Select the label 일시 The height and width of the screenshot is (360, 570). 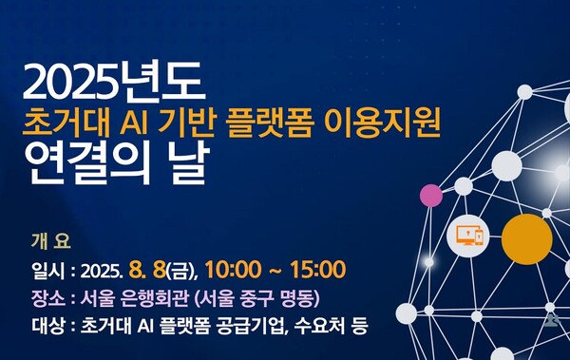[x=47, y=268]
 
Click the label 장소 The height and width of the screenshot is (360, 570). [x=47, y=297]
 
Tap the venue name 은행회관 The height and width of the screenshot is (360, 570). [x=156, y=297]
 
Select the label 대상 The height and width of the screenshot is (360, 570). [x=47, y=327]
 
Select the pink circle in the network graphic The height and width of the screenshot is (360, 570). [x=431, y=196]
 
